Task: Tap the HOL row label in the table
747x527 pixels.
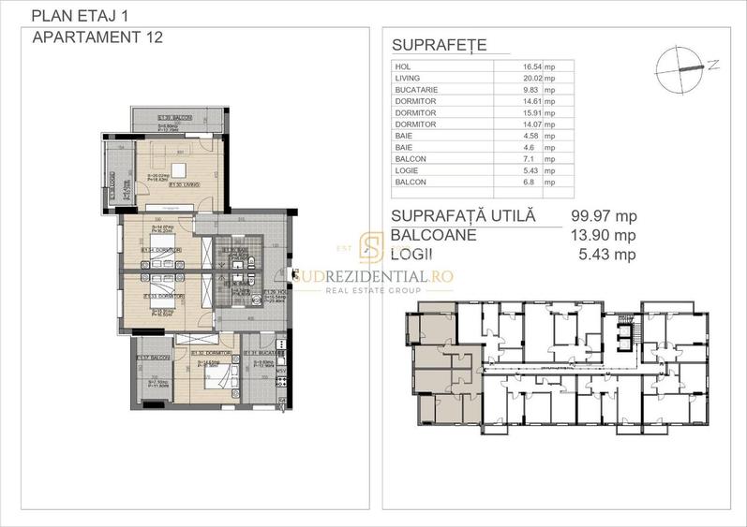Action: tap(402, 67)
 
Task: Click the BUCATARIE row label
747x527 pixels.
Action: tap(414, 90)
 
